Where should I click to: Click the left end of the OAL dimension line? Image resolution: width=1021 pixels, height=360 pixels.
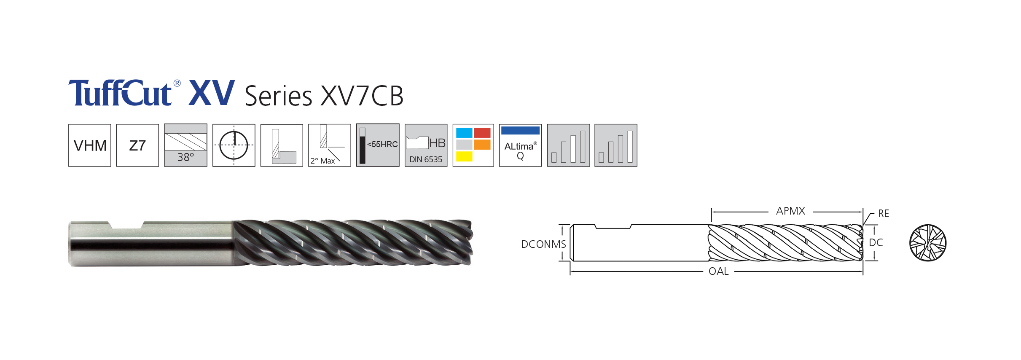click(x=570, y=271)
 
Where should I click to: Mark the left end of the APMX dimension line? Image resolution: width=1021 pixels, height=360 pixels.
click(x=712, y=212)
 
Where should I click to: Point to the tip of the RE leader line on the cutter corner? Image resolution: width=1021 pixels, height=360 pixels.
click(x=863, y=226)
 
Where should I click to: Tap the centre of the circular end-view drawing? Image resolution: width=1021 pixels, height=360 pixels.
click(x=928, y=243)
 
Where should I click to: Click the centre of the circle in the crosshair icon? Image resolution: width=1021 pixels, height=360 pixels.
click(x=234, y=145)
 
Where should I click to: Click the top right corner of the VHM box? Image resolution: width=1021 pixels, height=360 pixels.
click(x=111, y=124)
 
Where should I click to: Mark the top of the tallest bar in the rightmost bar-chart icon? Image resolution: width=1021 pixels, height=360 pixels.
click(x=630, y=131)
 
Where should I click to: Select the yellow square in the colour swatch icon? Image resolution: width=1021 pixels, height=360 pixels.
click(x=464, y=156)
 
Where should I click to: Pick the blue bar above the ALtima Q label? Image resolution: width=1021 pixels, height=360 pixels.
click(x=520, y=131)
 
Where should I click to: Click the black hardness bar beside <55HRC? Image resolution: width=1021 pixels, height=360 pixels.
click(x=363, y=150)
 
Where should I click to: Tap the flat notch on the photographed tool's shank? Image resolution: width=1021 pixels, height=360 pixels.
click(x=126, y=225)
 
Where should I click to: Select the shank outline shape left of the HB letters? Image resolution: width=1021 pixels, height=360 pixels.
click(x=417, y=142)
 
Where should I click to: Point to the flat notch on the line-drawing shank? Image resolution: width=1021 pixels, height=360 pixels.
click(x=613, y=226)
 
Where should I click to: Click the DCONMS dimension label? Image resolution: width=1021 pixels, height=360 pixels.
click(x=543, y=244)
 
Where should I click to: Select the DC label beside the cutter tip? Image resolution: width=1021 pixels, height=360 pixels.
click(x=876, y=242)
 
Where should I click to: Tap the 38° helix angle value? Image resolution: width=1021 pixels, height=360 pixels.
click(x=185, y=157)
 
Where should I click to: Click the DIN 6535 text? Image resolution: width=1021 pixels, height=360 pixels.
click(x=426, y=159)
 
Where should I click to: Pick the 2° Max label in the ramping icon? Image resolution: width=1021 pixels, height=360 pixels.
click(x=322, y=161)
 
